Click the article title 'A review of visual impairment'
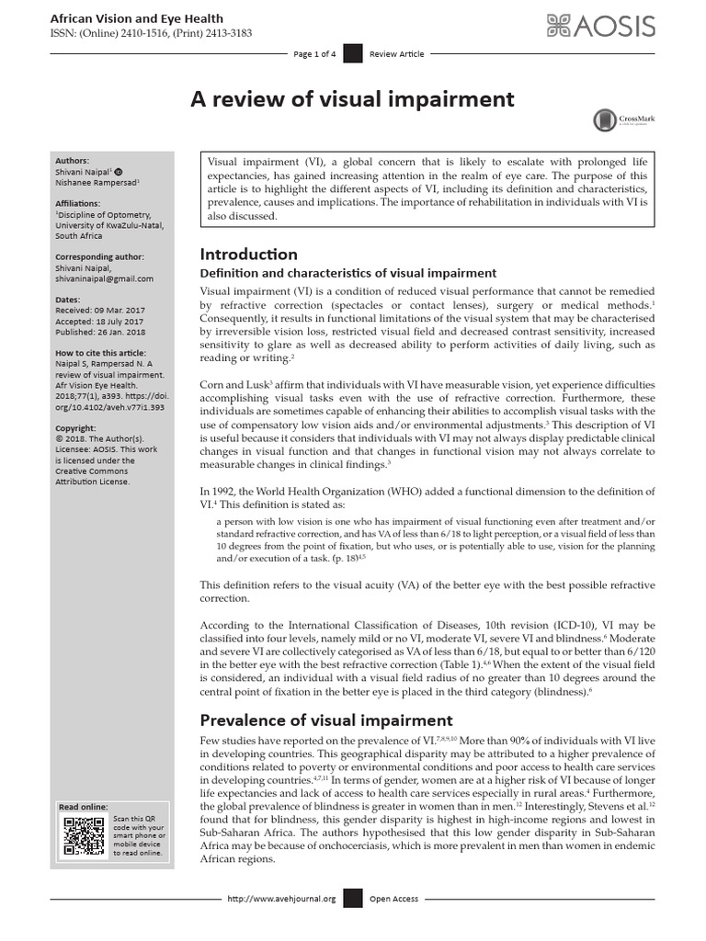coord(352,99)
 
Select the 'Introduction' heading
coord(249,254)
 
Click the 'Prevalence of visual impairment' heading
coord(325,720)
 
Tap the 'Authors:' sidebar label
coord(73,158)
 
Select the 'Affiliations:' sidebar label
coord(80,202)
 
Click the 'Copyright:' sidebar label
coord(77,428)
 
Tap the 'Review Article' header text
coord(396,54)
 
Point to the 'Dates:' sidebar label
coord(68,300)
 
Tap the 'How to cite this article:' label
coord(100,353)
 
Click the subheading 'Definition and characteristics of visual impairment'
coord(348,273)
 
